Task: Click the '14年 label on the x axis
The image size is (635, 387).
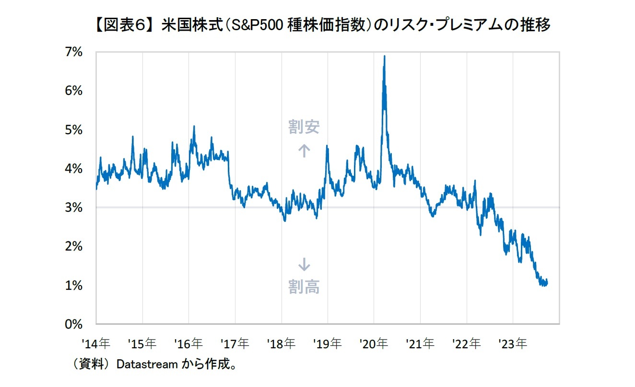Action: click(x=96, y=343)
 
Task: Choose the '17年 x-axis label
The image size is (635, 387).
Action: click(x=235, y=343)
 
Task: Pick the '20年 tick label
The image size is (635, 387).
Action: click(x=374, y=343)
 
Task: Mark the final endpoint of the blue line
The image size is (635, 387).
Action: click(x=547, y=283)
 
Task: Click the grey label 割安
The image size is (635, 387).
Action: click(x=304, y=127)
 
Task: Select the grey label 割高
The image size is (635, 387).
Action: click(x=304, y=287)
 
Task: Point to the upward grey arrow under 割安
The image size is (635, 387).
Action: click(x=304, y=151)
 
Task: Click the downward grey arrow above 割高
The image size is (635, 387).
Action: click(x=304, y=264)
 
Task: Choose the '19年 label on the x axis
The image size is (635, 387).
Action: click(x=328, y=343)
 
